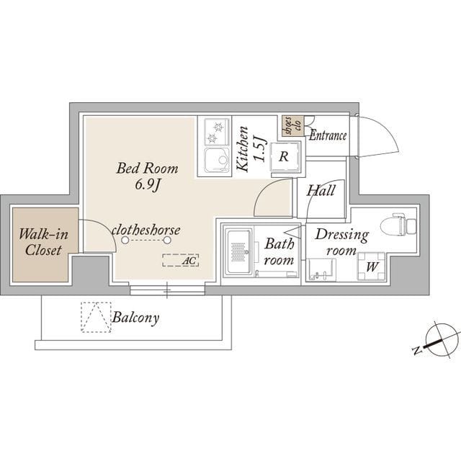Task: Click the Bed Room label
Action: click(147, 169)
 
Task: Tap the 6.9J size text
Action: click(148, 185)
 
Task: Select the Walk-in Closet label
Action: click(43, 242)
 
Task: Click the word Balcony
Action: click(135, 318)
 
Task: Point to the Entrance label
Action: click(328, 136)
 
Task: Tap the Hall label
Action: click(321, 190)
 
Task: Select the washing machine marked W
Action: click(372, 267)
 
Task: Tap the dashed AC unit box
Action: click(181, 260)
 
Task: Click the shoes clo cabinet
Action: click(292, 126)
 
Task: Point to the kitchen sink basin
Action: click(217, 159)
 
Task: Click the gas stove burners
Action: click(217, 132)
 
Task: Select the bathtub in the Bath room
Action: click(238, 252)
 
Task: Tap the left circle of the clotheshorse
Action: click(125, 240)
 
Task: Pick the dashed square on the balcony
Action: click(96, 317)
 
